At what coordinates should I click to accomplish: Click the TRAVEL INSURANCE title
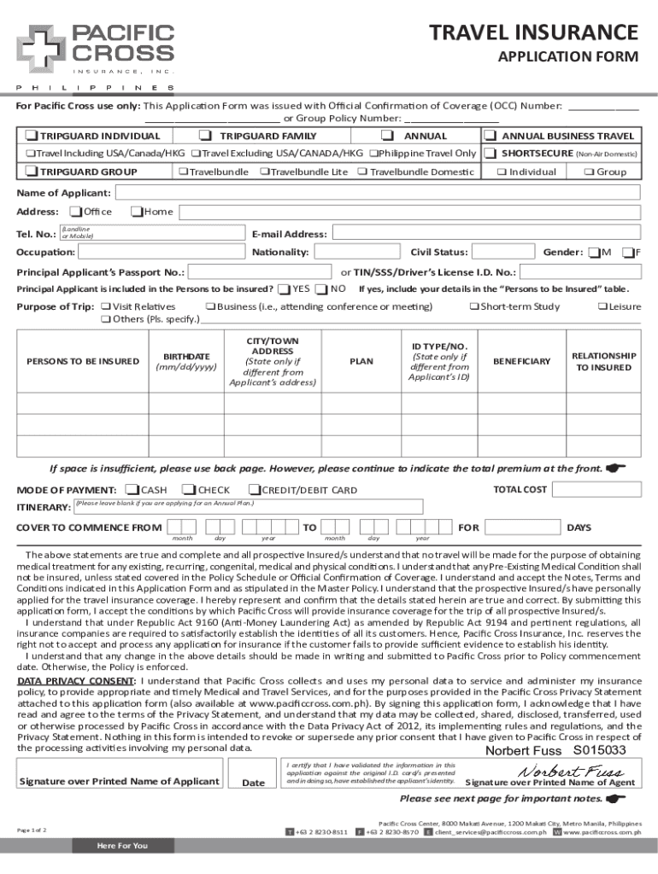[533, 32]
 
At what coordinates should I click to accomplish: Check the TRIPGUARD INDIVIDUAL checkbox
[31, 137]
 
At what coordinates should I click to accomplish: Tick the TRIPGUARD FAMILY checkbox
[205, 137]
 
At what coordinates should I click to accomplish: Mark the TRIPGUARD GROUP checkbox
[31, 172]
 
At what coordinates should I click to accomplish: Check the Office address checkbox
[76, 212]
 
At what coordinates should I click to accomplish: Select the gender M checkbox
[592, 252]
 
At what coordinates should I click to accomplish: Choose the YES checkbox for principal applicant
[284, 289]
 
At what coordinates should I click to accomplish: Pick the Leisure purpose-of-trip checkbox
[602, 306]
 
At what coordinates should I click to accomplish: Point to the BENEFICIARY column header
[521, 362]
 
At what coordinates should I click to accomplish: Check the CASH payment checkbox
[132, 490]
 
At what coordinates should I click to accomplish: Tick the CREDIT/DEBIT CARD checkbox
[254, 490]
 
